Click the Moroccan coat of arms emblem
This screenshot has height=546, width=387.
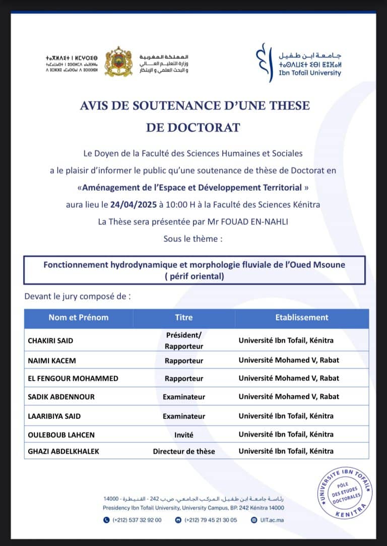118,62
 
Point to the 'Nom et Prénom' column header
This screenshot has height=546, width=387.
79,318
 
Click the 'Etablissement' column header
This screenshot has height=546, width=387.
301,318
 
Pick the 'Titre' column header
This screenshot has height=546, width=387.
184,318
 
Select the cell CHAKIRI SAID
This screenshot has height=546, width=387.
50,341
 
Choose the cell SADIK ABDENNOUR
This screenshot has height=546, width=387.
61,397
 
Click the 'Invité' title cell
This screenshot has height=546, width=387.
184,435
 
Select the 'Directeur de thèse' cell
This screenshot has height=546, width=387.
184,451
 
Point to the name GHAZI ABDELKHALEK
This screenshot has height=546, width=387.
63,451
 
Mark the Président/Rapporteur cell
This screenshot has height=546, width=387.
184,341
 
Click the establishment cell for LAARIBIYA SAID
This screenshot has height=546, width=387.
286,416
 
